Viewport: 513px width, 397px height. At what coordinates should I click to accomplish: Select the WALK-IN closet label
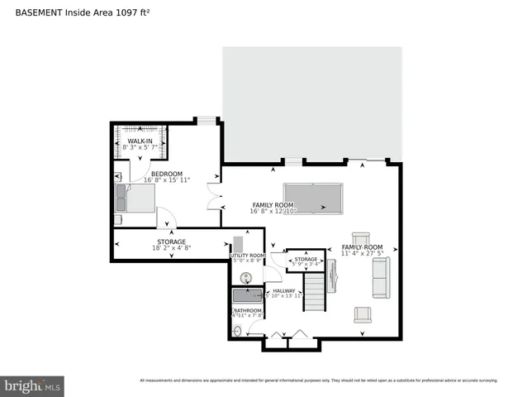click(140, 141)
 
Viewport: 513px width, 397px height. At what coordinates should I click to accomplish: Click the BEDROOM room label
click(167, 173)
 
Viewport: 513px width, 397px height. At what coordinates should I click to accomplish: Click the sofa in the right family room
click(381, 278)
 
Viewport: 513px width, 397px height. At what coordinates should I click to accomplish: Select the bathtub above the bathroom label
click(246, 296)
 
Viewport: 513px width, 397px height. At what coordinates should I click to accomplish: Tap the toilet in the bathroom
click(239, 331)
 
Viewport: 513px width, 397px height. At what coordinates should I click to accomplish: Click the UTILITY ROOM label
click(247, 256)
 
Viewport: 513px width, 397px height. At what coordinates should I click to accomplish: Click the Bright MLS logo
click(33, 385)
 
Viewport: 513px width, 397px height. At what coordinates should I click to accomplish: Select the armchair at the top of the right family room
click(361, 238)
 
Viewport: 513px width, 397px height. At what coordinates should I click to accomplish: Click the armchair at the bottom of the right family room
click(362, 314)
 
